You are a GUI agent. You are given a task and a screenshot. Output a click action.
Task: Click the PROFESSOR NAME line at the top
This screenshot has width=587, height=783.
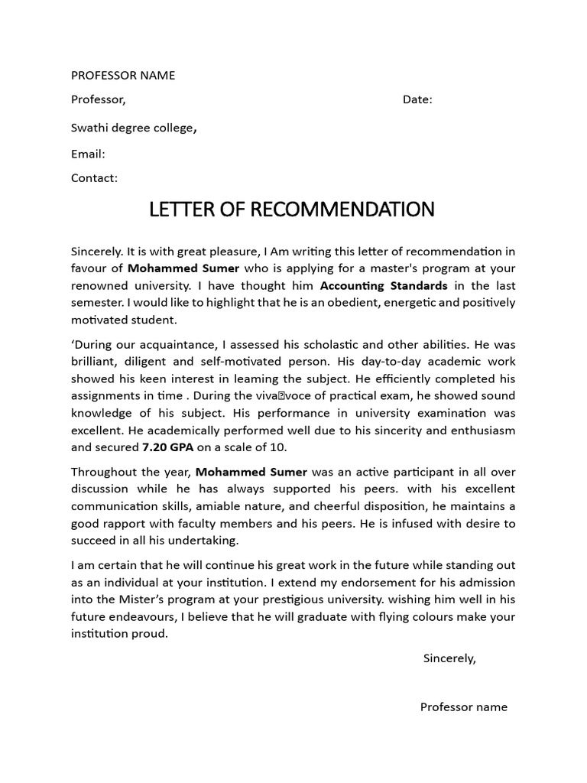(x=123, y=75)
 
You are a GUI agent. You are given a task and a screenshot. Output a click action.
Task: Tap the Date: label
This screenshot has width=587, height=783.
(x=417, y=99)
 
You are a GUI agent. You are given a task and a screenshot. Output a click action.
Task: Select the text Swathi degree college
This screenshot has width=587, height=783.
(x=133, y=128)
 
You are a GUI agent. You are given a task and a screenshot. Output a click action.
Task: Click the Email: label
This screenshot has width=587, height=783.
(x=88, y=154)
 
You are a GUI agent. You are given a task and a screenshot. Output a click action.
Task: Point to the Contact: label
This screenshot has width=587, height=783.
(x=94, y=178)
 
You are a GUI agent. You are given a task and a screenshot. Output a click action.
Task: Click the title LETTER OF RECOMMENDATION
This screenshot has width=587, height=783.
(x=292, y=210)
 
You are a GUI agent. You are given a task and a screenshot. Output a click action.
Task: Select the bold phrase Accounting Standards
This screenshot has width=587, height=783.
(x=384, y=286)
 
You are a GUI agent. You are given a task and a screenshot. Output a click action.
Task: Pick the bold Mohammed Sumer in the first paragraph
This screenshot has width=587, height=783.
(x=183, y=268)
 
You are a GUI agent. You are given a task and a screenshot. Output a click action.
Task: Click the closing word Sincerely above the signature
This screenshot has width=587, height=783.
(x=449, y=658)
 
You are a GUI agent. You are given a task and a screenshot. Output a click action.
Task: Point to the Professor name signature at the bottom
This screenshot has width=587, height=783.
(x=464, y=707)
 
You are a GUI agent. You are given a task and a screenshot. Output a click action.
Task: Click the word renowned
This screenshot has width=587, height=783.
(x=99, y=286)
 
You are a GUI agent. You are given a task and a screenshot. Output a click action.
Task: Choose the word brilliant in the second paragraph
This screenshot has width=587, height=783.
(x=96, y=361)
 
